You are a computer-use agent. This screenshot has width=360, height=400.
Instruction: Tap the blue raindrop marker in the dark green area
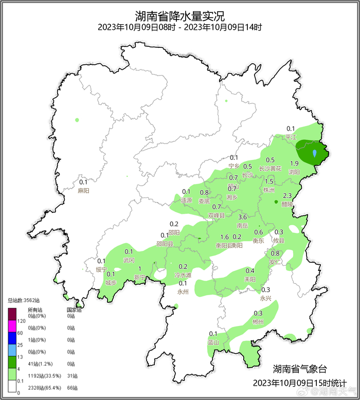point(315,153)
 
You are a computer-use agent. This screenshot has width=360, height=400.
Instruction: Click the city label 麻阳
point(83,190)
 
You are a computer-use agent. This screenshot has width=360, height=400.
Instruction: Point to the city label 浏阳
point(294,172)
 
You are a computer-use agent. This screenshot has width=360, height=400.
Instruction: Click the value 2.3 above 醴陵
point(287,195)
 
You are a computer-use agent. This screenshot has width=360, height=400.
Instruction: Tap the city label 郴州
point(258,322)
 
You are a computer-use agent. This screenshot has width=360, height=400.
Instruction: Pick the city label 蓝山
point(213,342)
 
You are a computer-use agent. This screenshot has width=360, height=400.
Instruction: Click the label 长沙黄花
point(271,168)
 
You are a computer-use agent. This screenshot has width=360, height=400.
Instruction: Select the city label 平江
point(291,137)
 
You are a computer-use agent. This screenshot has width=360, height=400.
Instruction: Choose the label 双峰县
point(217,215)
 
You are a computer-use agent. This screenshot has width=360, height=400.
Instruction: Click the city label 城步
point(111,282)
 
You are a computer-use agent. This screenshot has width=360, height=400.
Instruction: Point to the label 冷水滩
point(183,275)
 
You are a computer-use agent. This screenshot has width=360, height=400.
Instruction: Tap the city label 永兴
point(265,298)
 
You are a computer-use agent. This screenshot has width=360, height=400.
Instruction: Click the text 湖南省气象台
point(299,369)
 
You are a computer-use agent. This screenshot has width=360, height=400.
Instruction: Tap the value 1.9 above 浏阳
point(295,163)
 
